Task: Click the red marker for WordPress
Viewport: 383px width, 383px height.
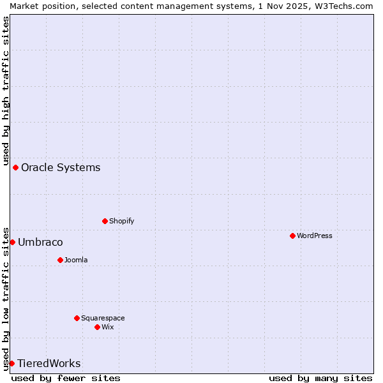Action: point(292,236)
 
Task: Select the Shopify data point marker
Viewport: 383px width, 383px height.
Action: point(105,221)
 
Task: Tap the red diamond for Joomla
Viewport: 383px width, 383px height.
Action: point(60,260)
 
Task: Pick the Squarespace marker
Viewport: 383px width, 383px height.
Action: point(77,318)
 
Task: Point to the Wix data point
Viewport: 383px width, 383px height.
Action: point(97,327)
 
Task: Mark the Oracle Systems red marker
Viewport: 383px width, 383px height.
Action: point(15,167)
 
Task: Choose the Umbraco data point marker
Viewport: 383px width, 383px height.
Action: point(12,242)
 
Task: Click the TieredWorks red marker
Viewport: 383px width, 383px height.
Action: point(11,363)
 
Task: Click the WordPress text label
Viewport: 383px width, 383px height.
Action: point(315,236)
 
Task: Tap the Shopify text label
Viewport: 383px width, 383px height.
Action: point(121,221)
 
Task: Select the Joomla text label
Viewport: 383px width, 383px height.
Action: point(76,260)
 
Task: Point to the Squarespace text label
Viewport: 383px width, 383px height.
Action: point(103,318)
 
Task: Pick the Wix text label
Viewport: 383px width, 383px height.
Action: point(108,327)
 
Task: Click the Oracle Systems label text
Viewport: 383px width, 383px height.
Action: point(61,167)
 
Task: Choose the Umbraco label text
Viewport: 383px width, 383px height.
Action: point(40,242)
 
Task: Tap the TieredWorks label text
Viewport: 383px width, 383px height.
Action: point(49,363)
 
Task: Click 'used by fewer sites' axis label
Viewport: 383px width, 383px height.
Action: point(66,378)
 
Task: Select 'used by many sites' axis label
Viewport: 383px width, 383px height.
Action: point(320,378)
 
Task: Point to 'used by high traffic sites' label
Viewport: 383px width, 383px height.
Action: point(6,89)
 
